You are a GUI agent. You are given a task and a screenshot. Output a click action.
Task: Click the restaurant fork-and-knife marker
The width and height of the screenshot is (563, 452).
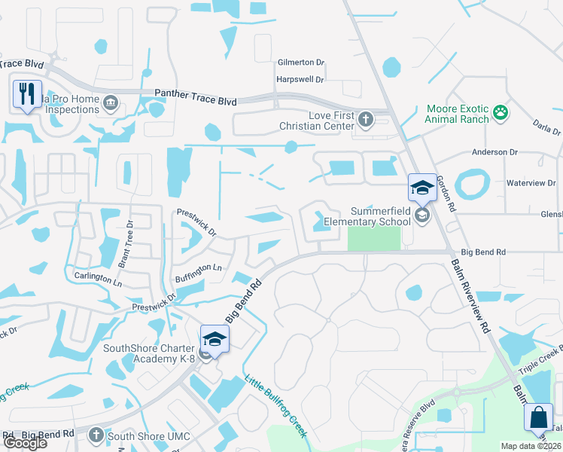click(27, 94)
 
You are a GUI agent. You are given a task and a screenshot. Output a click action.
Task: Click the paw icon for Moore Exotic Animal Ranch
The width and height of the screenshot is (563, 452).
click(501, 113)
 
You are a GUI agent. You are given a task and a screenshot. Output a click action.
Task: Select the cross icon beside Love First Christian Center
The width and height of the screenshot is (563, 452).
click(365, 118)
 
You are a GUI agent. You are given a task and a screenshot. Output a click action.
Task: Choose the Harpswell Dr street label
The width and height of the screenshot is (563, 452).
click(300, 79)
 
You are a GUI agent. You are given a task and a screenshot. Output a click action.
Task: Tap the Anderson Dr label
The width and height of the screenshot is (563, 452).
click(495, 152)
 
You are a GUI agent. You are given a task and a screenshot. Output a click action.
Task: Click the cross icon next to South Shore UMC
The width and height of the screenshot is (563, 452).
click(96, 435)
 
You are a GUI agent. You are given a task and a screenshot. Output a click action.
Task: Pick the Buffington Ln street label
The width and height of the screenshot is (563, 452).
click(199, 267)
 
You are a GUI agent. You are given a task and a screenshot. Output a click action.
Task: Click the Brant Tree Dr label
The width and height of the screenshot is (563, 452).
click(124, 244)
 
